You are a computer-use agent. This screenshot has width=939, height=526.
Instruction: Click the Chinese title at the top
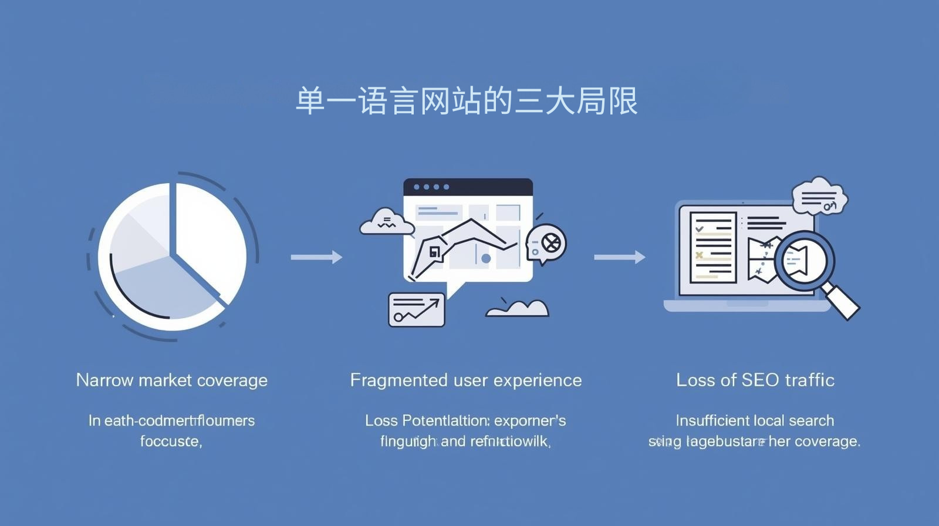pyautogui.click(x=467, y=101)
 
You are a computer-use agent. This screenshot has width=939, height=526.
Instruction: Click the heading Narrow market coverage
pyautogui.click(x=171, y=380)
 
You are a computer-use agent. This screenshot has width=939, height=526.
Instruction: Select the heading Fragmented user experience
pyautogui.click(x=466, y=380)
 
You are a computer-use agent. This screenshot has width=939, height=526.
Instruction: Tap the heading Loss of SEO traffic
pyautogui.click(x=755, y=380)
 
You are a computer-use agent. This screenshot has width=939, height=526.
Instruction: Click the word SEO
pyautogui.click(x=759, y=380)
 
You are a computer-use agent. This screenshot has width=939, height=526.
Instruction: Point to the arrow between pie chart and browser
pyautogui.click(x=316, y=257)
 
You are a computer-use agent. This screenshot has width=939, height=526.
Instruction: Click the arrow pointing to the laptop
pyautogui.click(x=619, y=257)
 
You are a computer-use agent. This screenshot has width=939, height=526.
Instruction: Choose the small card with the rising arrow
pyautogui.click(x=417, y=309)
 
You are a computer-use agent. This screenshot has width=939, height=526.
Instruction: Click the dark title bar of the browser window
pyautogui.click(x=468, y=187)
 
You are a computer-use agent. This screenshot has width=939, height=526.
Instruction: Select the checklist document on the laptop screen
pyautogui.click(x=713, y=248)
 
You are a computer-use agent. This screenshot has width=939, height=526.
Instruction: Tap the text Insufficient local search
pyautogui.click(x=755, y=421)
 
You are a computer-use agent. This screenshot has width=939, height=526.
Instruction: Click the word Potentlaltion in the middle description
pyautogui.click(x=445, y=421)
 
